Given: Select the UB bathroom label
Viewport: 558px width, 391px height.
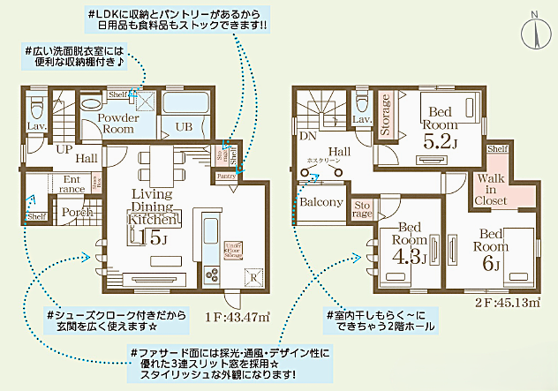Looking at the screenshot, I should (184, 127).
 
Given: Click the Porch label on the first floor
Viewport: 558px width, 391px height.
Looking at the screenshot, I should (72, 212).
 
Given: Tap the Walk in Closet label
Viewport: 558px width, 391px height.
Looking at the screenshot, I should (492, 190).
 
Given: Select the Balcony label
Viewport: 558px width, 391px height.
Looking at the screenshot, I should (320, 202).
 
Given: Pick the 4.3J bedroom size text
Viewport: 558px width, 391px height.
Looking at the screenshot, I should (409, 256).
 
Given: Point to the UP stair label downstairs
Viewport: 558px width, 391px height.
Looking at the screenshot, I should (64, 148).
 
